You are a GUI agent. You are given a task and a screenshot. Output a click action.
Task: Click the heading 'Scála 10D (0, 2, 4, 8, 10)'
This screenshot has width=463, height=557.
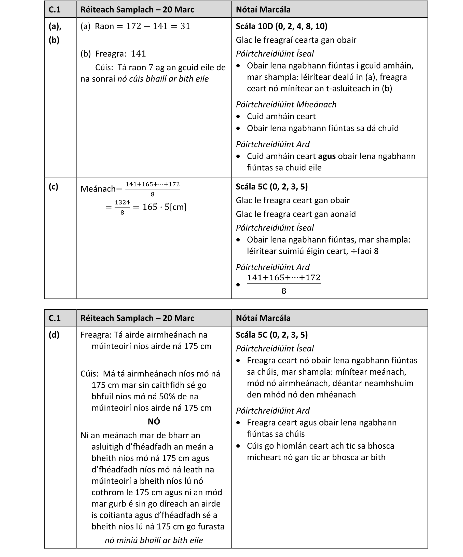coord(281,26)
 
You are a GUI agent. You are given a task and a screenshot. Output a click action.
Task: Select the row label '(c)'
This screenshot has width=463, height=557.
coord(53,187)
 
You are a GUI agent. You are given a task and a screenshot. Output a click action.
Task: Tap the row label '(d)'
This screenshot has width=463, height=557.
coord(54,335)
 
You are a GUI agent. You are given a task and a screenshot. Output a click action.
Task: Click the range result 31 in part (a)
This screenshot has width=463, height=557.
coord(185,26)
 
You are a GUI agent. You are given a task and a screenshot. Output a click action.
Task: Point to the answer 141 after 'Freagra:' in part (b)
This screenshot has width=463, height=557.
coord(139,53)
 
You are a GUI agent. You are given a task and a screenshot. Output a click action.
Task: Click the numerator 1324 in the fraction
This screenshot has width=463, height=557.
coord(122,202)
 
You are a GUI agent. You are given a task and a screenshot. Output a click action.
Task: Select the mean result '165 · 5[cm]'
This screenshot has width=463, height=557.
coord(164,207)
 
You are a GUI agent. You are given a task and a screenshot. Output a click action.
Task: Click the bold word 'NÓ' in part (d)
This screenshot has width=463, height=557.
coord(154,422)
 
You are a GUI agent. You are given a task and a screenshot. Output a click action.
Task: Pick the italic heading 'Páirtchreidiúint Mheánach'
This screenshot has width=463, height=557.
coord(286,104)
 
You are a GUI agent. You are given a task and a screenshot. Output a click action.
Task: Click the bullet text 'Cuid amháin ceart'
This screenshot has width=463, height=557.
coord(281,116)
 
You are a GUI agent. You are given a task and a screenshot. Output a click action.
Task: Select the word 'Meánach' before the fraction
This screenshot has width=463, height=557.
coord(98,189)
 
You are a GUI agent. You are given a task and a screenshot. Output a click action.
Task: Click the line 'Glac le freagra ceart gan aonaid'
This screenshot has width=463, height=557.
coord(296,214)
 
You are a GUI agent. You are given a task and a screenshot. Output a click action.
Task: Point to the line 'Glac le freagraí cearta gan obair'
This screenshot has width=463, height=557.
coord(296,40)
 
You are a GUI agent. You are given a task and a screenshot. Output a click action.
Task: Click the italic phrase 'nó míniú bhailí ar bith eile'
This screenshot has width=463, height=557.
coord(154,540)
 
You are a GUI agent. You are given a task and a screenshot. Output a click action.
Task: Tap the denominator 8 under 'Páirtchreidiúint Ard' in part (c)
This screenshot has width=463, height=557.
coord(283,291)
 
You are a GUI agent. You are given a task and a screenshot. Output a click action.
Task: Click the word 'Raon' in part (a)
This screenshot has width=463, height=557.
coord(104,26)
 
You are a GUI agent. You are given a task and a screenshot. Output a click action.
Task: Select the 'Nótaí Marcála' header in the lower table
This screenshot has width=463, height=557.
coord(263,318)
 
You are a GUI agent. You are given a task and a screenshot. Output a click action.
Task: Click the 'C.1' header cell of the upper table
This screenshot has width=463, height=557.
coord(55,9)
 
